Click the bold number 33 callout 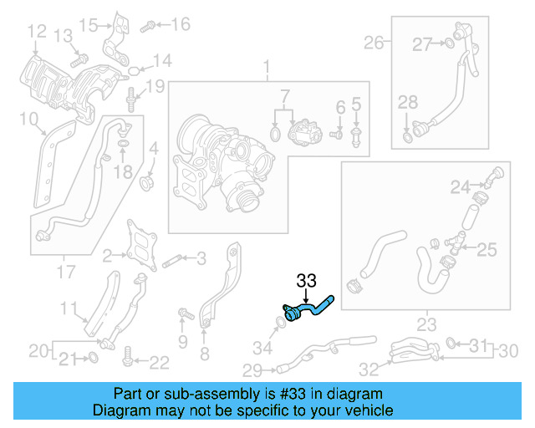point(307,280)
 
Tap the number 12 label point(36,33)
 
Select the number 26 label point(373,42)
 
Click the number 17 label point(65,271)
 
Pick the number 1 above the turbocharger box point(267,66)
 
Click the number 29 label point(252,369)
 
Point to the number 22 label point(159,362)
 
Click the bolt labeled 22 point(128,357)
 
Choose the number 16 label point(181,24)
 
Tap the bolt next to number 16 point(147,26)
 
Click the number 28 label point(407,102)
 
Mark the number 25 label point(487,248)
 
